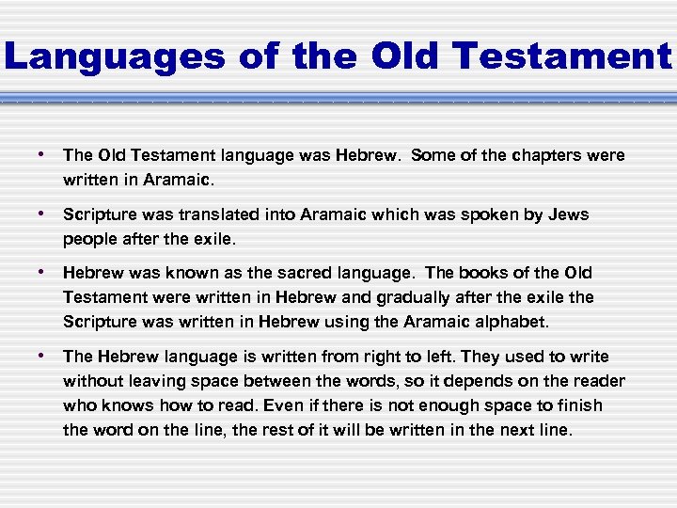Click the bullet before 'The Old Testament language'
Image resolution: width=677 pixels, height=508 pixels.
[43, 154]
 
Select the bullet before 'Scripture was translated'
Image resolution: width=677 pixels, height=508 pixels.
[43, 214]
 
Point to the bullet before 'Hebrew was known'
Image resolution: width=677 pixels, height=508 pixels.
[43, 272]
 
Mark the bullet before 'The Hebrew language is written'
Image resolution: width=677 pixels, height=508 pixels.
[43, 356]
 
